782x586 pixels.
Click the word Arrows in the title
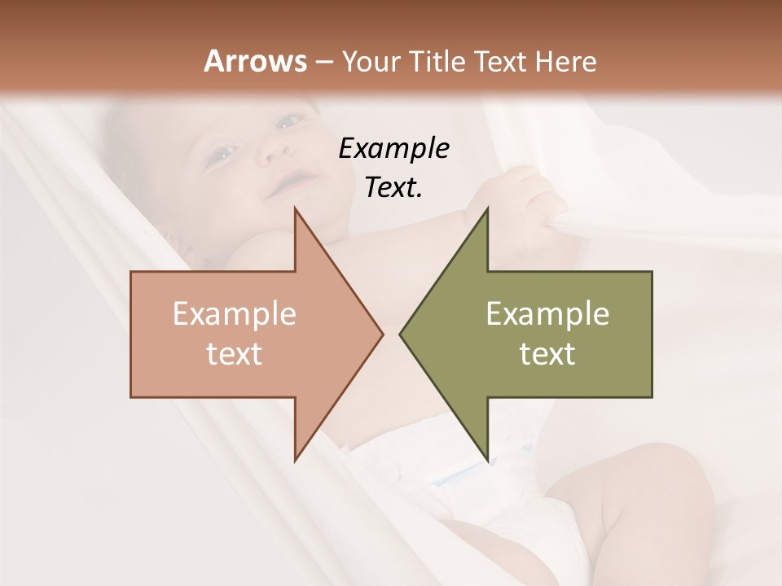(255, 61)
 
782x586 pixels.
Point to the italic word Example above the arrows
(393, 148)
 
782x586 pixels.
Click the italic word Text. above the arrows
(393, 187)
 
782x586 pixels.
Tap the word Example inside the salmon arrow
(235, 313)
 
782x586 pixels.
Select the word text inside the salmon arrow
(235, 353)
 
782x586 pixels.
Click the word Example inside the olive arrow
(547, 313)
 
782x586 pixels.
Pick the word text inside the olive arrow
(547, 353)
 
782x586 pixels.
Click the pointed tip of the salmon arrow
(381, 334)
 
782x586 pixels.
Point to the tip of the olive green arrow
(401, 334)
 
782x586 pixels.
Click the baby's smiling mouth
(290, 181)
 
